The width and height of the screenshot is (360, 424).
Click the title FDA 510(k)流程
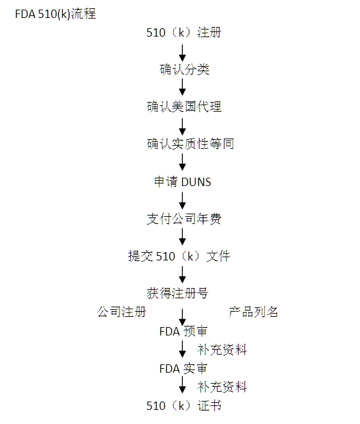click(x=55, y=13)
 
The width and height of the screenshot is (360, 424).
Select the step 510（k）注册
click(x=184, y=33)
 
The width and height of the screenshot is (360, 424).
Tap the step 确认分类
click(x=184, y=69)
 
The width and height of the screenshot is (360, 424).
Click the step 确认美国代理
click(x=184, y=106)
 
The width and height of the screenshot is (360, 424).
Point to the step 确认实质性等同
click(x=190, y=144)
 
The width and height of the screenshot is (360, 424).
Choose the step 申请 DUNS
click(x=183, y=182)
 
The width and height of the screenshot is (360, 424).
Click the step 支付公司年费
click(x=184, y=219)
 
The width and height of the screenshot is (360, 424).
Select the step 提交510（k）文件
click(x=179, y=256)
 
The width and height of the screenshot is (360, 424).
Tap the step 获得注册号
click(x=177, y=293)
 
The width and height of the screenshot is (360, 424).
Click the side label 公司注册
click(x=122, y=312)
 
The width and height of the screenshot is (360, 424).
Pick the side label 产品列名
click(x=253, y=312)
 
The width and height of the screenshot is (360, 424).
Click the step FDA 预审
click(x=184, y=332)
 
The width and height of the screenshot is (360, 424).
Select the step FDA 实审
click(x=184, y=369)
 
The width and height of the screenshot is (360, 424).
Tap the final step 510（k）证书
click(x=184, y=405)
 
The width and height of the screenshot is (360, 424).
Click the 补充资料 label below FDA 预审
click(x=222, y=350)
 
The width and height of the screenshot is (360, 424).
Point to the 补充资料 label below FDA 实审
click(x=222, y=387)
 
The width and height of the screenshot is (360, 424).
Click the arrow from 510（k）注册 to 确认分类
click(x=183, y=53)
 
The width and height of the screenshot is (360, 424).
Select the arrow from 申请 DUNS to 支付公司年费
click(x=183, y=201)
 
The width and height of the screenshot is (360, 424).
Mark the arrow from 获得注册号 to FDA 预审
click(x=183, y=317)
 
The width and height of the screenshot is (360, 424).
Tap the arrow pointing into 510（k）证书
click(x=183, y=385)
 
